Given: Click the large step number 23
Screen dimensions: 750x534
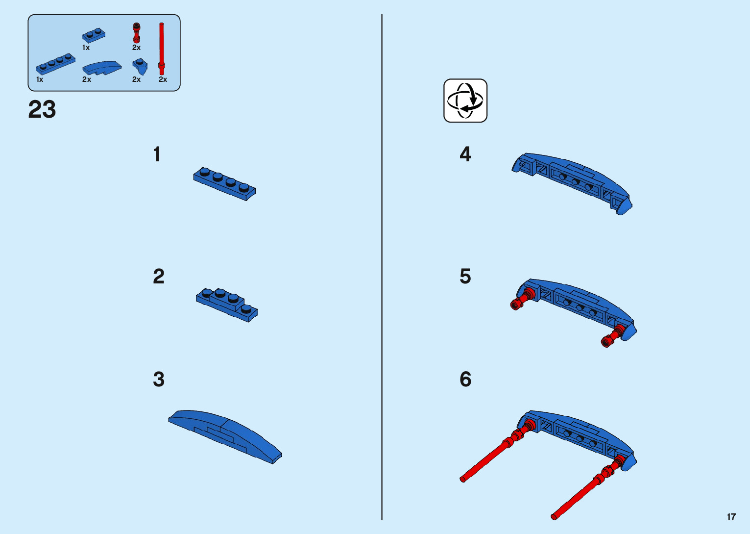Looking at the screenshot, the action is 42,109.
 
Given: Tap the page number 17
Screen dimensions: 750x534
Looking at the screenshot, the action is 731,517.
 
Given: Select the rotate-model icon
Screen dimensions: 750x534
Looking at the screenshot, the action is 465,101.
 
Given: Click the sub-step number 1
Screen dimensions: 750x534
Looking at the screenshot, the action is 157,154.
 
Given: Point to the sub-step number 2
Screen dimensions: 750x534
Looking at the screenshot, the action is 158,277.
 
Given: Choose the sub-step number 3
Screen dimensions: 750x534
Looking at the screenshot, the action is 158,380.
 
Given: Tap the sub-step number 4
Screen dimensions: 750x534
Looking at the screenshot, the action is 465,154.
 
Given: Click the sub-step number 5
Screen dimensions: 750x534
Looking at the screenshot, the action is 465,277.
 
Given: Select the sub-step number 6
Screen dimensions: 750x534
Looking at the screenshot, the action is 465,380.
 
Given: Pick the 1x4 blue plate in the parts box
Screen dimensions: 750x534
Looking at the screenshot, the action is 55,64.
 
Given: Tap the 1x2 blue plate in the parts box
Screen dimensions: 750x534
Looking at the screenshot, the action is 94,35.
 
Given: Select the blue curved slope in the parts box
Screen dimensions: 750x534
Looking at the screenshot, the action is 102,68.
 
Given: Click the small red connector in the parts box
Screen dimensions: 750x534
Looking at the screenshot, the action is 137,33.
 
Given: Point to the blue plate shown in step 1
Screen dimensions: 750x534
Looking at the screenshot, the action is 224,183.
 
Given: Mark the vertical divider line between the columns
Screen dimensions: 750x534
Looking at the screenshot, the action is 382,267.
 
